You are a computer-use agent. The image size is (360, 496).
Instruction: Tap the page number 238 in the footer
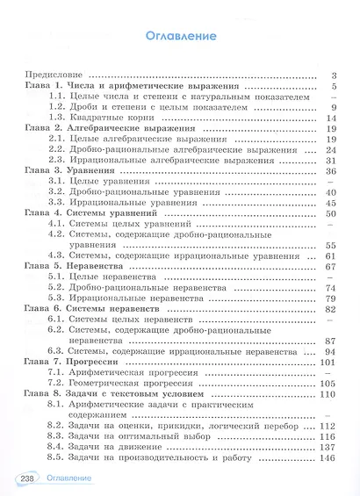(21, 478)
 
